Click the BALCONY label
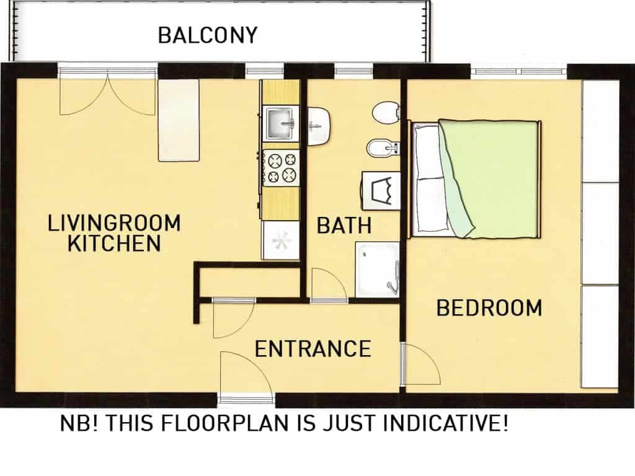[x=207, y=35]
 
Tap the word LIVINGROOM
[x=114, y=223]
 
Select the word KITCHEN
[x=114, y=243]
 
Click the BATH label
[x=344, y=226]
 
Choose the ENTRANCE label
[x=313, y=349]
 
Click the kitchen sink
[x=281, y=124]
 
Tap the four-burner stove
[x=282, y=168]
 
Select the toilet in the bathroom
[x=386, y=112]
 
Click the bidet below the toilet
[x=383, y=148]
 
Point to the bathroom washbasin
[x=319, y=126]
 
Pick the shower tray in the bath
[x=377, y=270]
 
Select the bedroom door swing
[x=421, y=364]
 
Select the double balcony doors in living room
[x=108, y=91]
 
